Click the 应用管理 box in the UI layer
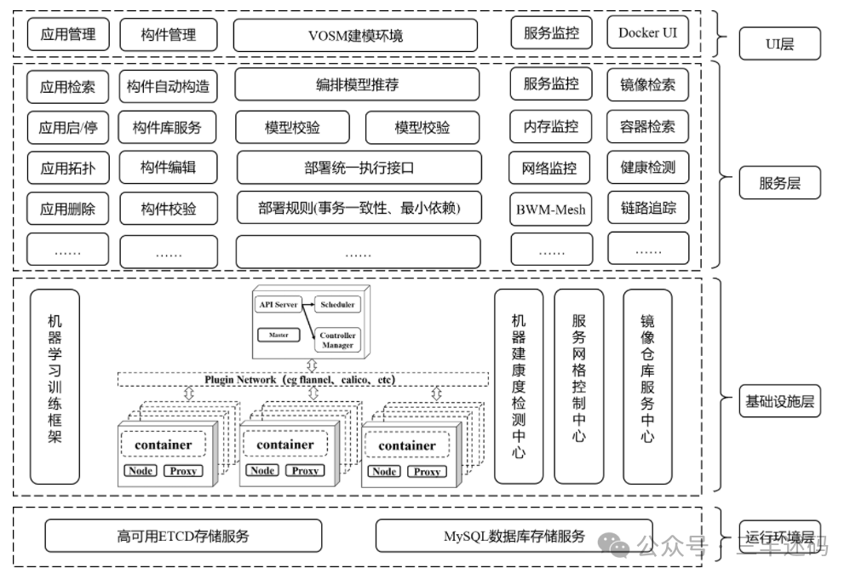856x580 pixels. coord(67,35)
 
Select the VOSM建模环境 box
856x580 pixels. coord(355,36)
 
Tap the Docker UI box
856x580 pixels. coord(647,33)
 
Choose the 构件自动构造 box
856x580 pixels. coord(168,86)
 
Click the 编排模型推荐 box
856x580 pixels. coord(356,84)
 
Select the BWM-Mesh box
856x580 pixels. coord(551,209)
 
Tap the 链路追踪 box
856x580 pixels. coord(647,207)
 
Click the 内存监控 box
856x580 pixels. coord(551,127)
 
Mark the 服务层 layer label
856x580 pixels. coord(779,183)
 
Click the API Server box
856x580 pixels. coord(275,304)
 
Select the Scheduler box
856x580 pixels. coord(337,304)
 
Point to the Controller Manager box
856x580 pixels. coord(337,340)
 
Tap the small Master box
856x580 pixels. coord(279,335)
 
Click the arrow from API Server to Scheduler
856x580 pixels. coord(304,304)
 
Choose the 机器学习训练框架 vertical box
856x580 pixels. coord(55,387)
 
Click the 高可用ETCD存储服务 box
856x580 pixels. coord(183,536)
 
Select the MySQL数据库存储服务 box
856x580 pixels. coord(514,536)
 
